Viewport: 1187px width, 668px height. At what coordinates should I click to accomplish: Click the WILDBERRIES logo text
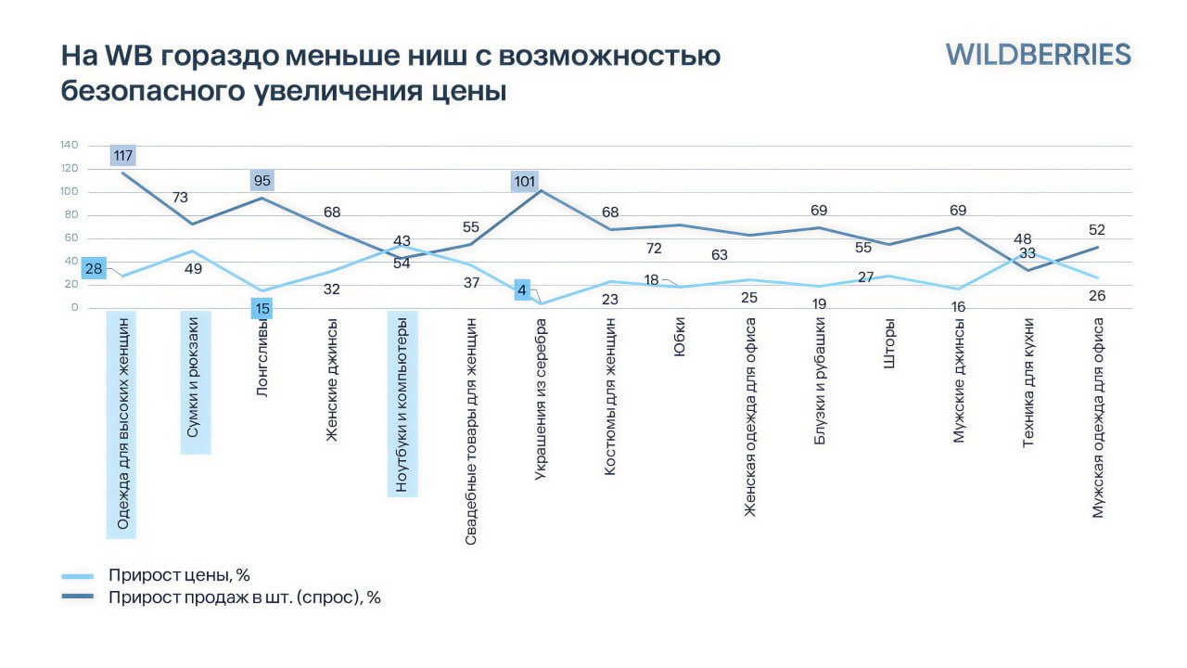1038,55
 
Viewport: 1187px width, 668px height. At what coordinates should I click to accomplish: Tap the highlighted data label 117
123,155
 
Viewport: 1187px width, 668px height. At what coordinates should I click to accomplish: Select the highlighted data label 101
525,181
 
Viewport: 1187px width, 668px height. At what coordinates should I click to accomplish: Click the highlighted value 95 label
262,180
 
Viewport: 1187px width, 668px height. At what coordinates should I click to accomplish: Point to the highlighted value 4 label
522,290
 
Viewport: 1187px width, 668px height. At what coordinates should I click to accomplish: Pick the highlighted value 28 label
94,268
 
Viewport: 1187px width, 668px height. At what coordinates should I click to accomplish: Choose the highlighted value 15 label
262,309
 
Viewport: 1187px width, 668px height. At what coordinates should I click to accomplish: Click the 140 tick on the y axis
69,145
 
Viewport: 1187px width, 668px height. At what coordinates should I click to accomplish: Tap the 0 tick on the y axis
75,307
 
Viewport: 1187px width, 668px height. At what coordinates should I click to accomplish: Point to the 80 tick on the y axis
71,214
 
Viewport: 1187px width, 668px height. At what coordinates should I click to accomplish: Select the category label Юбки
680,337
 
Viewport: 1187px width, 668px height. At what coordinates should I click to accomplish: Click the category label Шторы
889,343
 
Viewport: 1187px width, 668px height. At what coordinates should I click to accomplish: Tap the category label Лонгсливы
262,358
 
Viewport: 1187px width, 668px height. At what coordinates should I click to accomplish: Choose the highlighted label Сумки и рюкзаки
192,378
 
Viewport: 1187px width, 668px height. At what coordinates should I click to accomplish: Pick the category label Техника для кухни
1028,383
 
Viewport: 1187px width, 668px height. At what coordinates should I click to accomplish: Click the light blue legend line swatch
77,576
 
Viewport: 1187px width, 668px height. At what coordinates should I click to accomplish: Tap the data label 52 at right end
1097,229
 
